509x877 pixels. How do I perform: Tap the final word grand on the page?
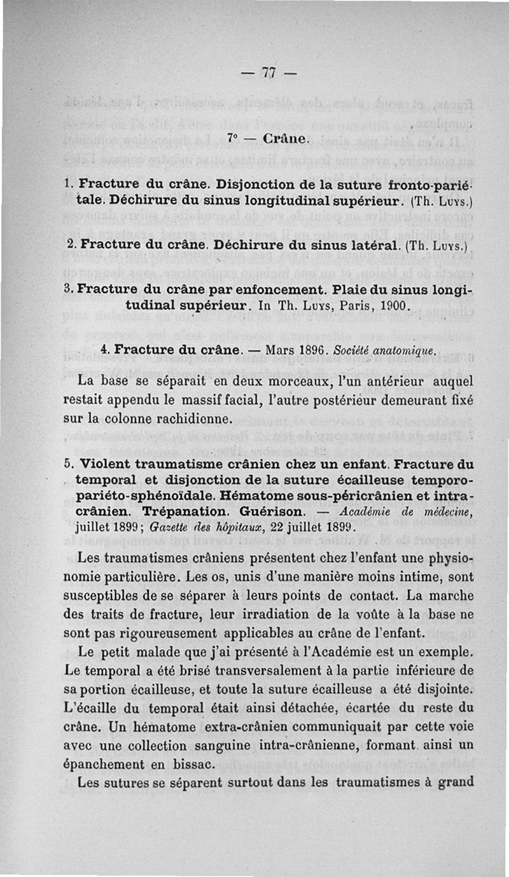[452, 782]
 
